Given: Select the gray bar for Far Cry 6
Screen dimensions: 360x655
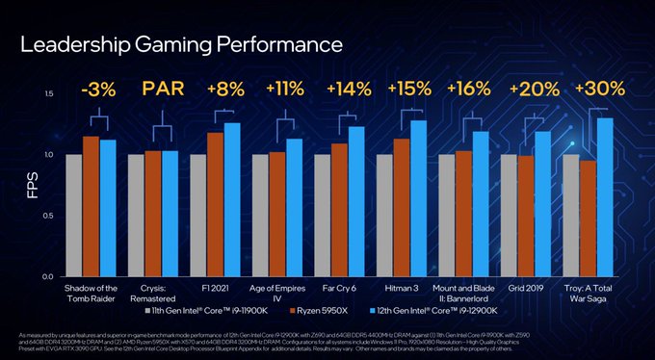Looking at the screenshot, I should (322, 215).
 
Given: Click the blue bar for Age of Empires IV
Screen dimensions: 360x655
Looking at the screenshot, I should (294, 207).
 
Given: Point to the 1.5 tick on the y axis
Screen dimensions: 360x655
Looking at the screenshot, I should (47, 93).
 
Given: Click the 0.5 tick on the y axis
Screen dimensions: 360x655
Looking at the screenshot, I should (47, 216).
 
